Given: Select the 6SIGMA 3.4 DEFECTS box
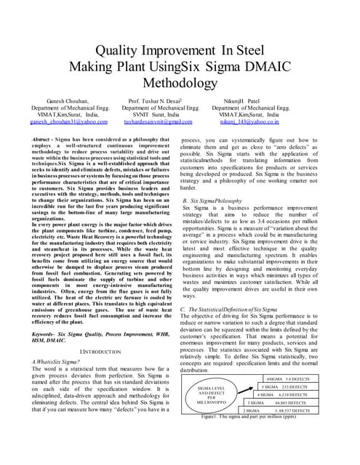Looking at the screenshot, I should [289, 379].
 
